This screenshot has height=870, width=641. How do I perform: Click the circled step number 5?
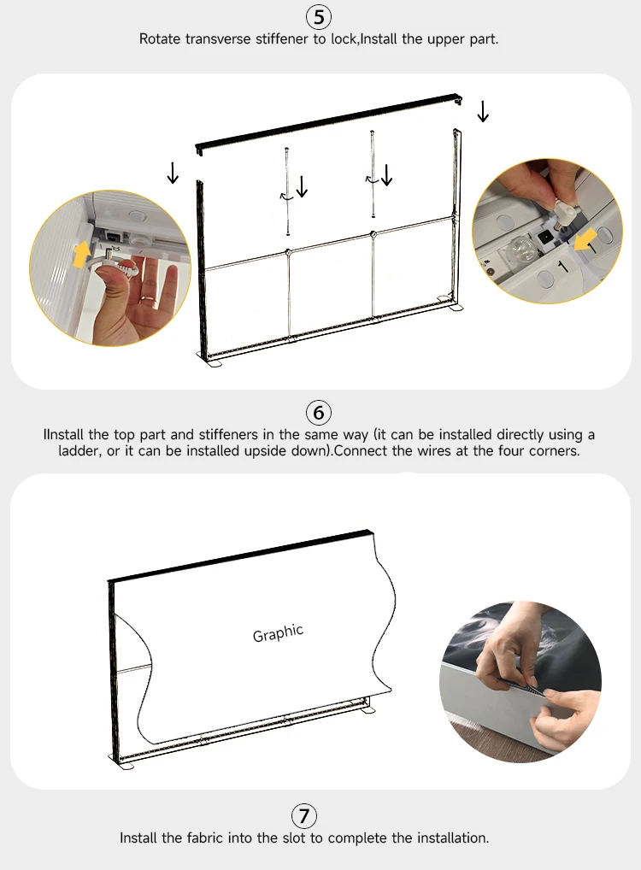(x=319, y=17)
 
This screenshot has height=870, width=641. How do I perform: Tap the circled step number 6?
(x=319, y=413)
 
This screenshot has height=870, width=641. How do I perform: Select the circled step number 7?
(x=304, y=815)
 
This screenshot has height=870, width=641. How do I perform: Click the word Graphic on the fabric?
(x=278, y=633)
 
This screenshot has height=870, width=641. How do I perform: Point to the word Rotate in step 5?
(x=160, y=38)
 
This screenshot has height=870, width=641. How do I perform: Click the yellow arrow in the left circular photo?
(x=81, y=254)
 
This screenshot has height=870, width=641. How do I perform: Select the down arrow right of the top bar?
(x=483, y=111)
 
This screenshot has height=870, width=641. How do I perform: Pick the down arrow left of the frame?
(x=173, y=173)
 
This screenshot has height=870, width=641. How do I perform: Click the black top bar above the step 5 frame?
(x=328, y=122)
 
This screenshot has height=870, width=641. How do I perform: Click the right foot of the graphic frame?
(x=367, y=711)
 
